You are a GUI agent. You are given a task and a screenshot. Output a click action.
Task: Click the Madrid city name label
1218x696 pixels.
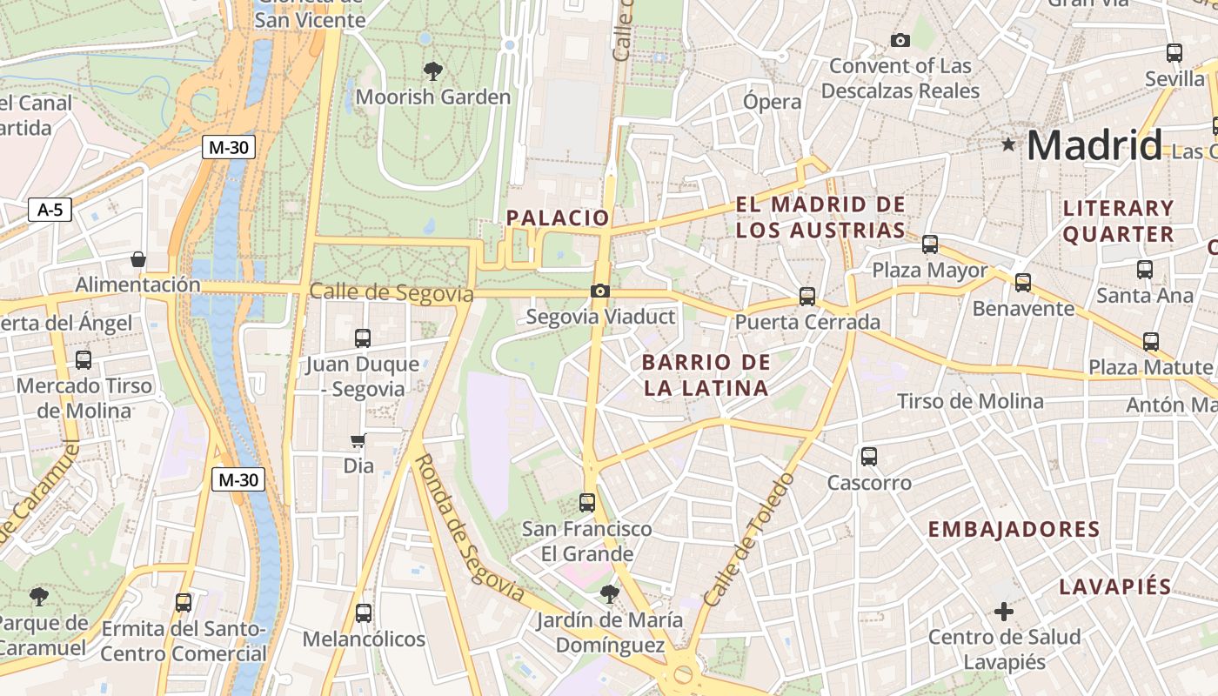click(x=1094, y=145)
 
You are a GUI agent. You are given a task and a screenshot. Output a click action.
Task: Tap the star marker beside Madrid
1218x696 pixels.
click(x=1008, y=144)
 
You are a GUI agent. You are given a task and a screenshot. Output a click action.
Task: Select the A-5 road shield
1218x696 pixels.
click(x=50, y=210)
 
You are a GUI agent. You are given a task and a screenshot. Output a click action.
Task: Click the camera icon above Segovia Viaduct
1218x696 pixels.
click(x=599, y=291)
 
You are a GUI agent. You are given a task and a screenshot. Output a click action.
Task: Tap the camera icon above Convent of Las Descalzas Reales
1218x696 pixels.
click(x=900, y=40)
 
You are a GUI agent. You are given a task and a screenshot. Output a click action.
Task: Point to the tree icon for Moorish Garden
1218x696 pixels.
click(x=432, y=70)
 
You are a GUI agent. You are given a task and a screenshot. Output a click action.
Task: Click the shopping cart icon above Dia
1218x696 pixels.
click(x=358, y=440)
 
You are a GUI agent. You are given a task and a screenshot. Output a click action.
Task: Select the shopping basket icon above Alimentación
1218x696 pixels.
click(x=137, y=259)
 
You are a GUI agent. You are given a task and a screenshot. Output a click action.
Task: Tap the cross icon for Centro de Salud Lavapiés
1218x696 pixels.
click(x=1004, y=612)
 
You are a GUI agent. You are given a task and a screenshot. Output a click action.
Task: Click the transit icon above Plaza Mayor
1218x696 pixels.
click(x=930, y=244)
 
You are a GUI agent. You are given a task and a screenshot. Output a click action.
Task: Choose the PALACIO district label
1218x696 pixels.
click(x=558, y=217)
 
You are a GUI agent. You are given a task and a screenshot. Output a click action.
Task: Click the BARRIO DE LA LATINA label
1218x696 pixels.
click(x=706, y=375)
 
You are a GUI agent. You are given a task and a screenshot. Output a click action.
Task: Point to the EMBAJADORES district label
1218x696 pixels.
click(x=1014, y=529)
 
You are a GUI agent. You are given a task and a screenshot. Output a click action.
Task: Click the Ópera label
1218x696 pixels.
click(x=772, y=102)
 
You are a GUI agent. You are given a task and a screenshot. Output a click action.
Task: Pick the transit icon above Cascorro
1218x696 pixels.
click(x=868, y=457)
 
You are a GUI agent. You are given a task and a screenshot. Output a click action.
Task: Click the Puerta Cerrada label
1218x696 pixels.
click(x=807, y=322)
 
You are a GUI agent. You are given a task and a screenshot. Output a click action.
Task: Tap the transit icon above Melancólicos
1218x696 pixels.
click(x=364, y=613)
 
